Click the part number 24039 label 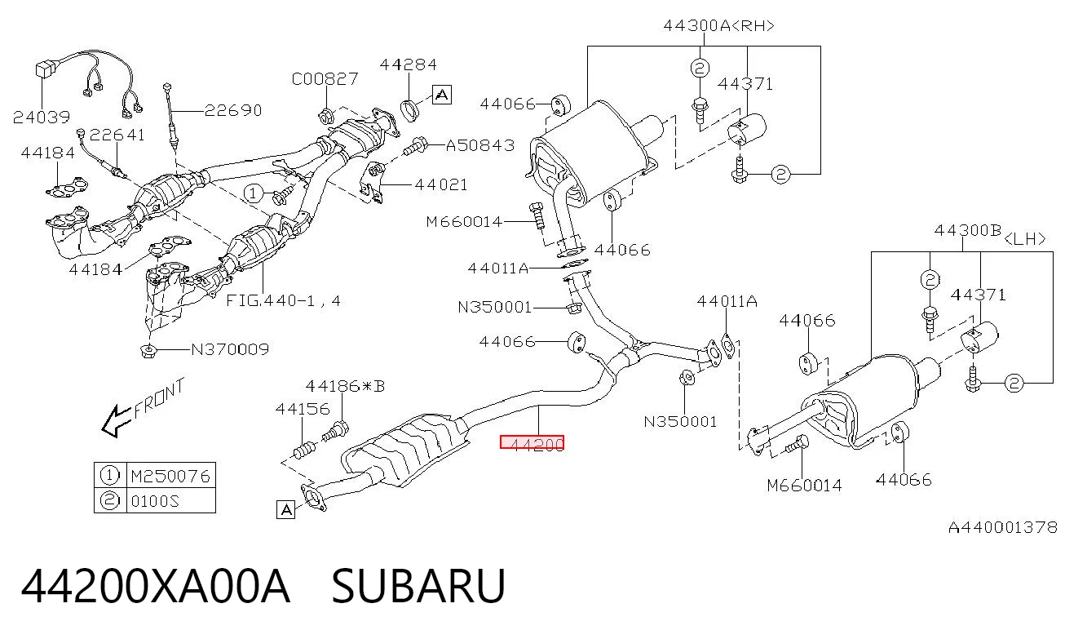click(42, 117)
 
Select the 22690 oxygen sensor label click(233, 110)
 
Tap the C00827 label click(325, 79)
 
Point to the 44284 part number click(408, 64)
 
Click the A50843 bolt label click(480, 145)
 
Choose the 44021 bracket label click(441, 184)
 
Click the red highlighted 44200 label click(532, 442)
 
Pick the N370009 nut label click(230, 350)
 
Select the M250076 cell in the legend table click(170, 476)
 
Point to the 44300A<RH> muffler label click(719, 25)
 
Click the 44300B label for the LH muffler click(968, 231)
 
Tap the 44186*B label click(345, 386)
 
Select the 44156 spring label click(303, 409)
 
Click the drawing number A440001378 click(1003, 527)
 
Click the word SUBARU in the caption click(418, 586)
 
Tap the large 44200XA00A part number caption click(156, 586)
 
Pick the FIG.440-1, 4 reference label click(283, 300)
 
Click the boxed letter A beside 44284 click(442, 95)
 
